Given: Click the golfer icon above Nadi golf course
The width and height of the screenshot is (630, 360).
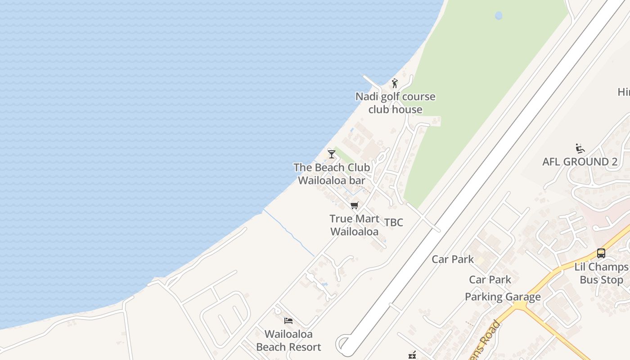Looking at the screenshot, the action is click(x=395, y=83).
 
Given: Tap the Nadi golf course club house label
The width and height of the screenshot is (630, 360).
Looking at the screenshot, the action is click(x=395, y=103).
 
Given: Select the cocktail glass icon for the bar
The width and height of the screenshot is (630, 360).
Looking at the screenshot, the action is click(x=332, y=154).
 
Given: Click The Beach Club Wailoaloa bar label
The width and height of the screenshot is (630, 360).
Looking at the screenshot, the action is click(x=332, y=174).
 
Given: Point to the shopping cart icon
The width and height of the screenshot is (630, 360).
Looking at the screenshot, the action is click(x=354, y=206).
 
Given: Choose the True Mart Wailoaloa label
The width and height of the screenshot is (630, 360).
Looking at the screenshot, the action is click(x=354, y=225).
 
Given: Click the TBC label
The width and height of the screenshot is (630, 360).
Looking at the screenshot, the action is click(x=394, y=222).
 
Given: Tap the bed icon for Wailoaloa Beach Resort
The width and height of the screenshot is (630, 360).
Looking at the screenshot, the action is click(x=288, y=321).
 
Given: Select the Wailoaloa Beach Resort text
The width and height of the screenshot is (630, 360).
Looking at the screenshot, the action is click(x=288, y=341).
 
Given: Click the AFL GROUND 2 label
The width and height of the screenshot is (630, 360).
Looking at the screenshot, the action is click(x=580, y=162).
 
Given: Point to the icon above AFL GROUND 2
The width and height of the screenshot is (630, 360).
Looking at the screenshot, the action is click(x=580, y=148).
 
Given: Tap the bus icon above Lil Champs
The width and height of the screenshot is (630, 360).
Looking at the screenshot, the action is click(x=601, y=253).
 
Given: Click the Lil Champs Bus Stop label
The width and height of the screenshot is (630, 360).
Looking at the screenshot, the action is click(x=601, y=273).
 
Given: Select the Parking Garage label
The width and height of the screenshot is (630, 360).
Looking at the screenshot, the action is click(x=503, y=297).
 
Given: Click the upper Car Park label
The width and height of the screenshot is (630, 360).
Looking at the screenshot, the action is click(x=453, y=259).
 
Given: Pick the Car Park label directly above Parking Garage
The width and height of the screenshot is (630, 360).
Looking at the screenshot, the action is click(x=490, y=280).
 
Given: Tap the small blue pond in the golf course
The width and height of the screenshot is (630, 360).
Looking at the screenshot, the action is click(x=499, y=16).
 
